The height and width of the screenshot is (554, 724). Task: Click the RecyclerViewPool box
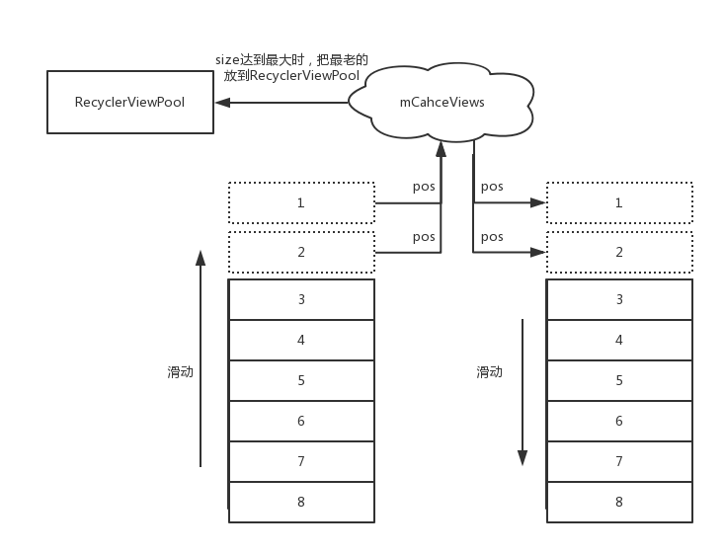[129, 102]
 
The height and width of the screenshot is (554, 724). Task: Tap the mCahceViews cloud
[442, 102]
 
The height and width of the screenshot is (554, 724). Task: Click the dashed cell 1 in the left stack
[301, 202]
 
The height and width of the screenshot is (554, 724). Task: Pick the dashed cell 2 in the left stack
[301, 252]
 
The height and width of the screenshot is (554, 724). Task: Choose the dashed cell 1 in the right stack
[619, 202]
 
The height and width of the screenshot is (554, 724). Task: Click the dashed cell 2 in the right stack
[619, 252]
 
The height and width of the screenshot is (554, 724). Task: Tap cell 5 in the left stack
[301, 380]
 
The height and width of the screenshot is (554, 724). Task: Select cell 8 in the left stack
[301, 502]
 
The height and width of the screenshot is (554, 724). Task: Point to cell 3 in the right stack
[619, 299]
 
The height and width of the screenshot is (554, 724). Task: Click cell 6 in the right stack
[619, 421]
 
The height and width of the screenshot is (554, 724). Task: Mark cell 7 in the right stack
[619, 461]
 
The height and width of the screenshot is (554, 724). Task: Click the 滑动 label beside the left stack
[180, 372]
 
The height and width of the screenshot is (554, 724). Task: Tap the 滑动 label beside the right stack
[489, 372]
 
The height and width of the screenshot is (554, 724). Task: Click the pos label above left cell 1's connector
[424, 187]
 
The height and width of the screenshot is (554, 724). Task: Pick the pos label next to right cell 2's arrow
[492, 237]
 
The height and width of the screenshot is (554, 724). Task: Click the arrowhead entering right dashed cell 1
[539, 202]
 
